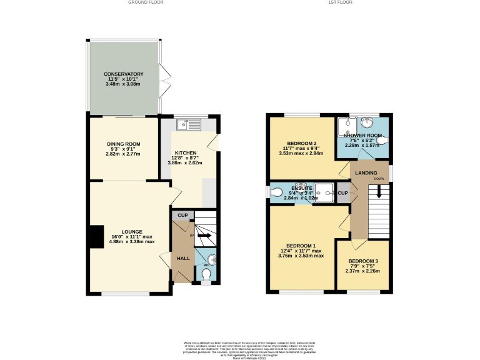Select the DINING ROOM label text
point(123,144)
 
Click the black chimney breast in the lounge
point(96,237)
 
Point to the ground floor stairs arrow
point(204,237)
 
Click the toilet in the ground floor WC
point(207,272)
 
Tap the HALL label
point(183,258)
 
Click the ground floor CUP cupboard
point(182,216)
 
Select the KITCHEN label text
point(186,152)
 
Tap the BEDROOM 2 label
point(297,142)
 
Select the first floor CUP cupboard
point(342,193)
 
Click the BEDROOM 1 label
point(301,246)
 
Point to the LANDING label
point(366,172)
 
